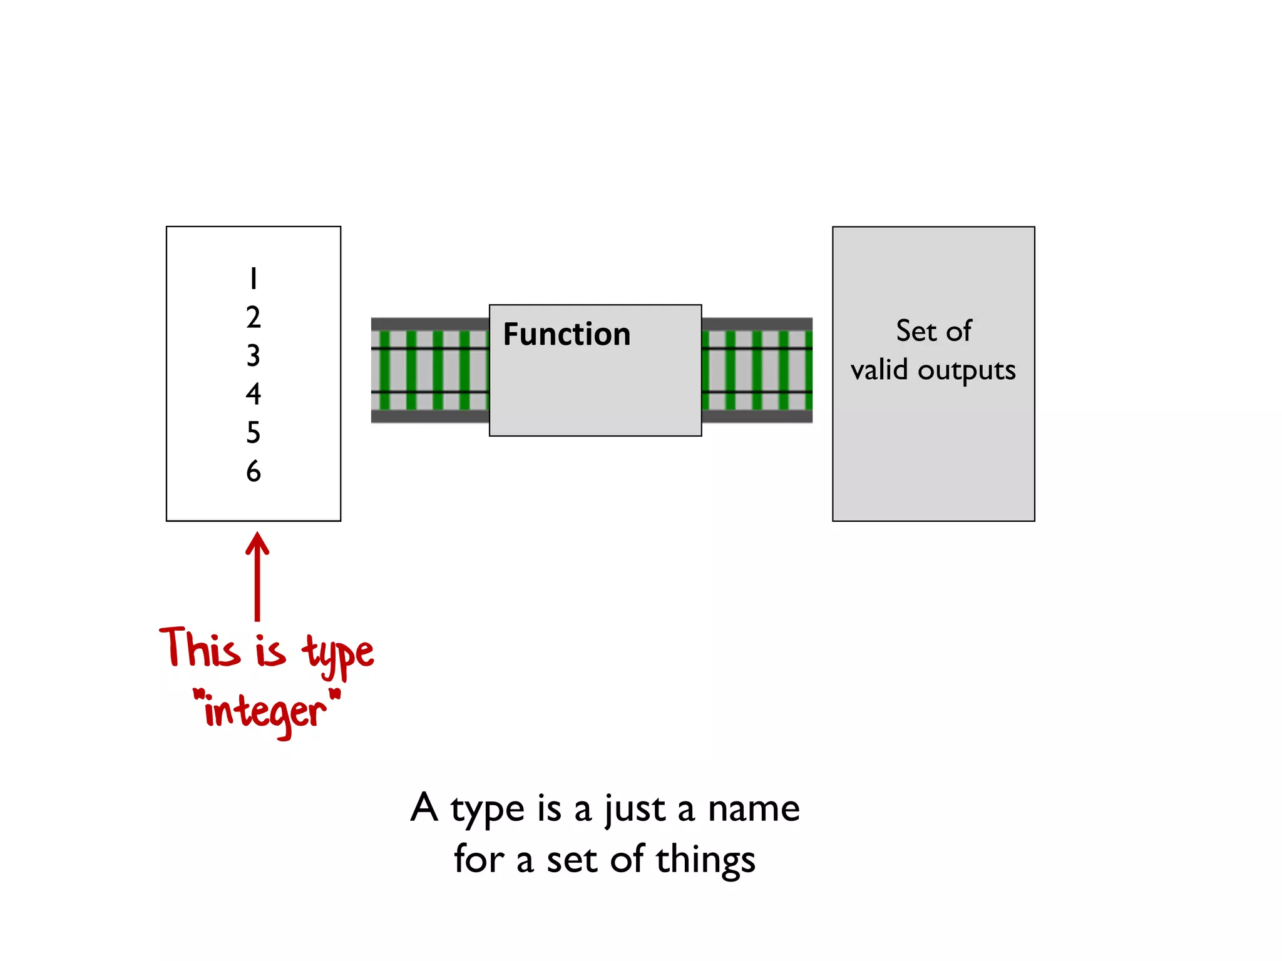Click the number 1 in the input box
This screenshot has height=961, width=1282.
click(253, 278)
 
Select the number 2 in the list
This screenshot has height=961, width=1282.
click(253, 317)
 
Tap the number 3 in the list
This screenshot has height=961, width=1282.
click(253, 355)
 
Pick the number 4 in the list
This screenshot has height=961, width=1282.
click(253, 394)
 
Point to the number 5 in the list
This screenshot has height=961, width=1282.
click(253, 432)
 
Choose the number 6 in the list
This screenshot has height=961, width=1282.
click(253, 471)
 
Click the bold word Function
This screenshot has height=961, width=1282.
click(567, 334)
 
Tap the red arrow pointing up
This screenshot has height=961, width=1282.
click(257, 576)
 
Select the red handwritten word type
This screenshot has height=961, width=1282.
click(338, 654)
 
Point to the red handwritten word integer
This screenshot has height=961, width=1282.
click(265, 712)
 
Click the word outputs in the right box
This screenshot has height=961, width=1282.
click(967, 370)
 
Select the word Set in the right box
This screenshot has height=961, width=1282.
click(916, 331)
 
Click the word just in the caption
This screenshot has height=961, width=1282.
click(634, 810)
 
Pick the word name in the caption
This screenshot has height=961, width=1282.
click(754, 808)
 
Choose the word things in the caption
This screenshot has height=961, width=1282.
click(705, 861)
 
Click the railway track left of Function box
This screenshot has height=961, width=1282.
click(430, 370)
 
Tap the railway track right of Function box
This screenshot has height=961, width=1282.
click(757, 370)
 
